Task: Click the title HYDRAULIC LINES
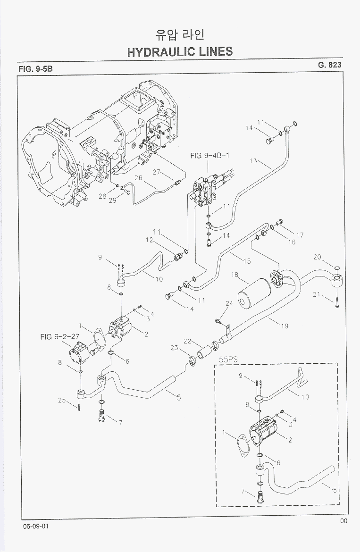[180, 51]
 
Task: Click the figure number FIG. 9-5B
[35, 69]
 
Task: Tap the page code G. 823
[329, 65]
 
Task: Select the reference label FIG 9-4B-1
[209, 155]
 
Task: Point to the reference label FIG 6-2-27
[59, 336]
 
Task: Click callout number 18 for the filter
[234, 275]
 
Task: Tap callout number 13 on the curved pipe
[253, 161]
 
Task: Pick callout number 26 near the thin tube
[138, 178]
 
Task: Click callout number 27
[157, 172]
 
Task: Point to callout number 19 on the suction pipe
[285, 326]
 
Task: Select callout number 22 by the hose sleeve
[187, 341]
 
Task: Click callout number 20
[317, 257]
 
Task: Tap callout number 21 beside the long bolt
[317, 295]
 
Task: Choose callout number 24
[229, 303]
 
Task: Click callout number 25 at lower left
[62, 400]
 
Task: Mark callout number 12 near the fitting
[150, 241]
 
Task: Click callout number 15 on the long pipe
[246, 261]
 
